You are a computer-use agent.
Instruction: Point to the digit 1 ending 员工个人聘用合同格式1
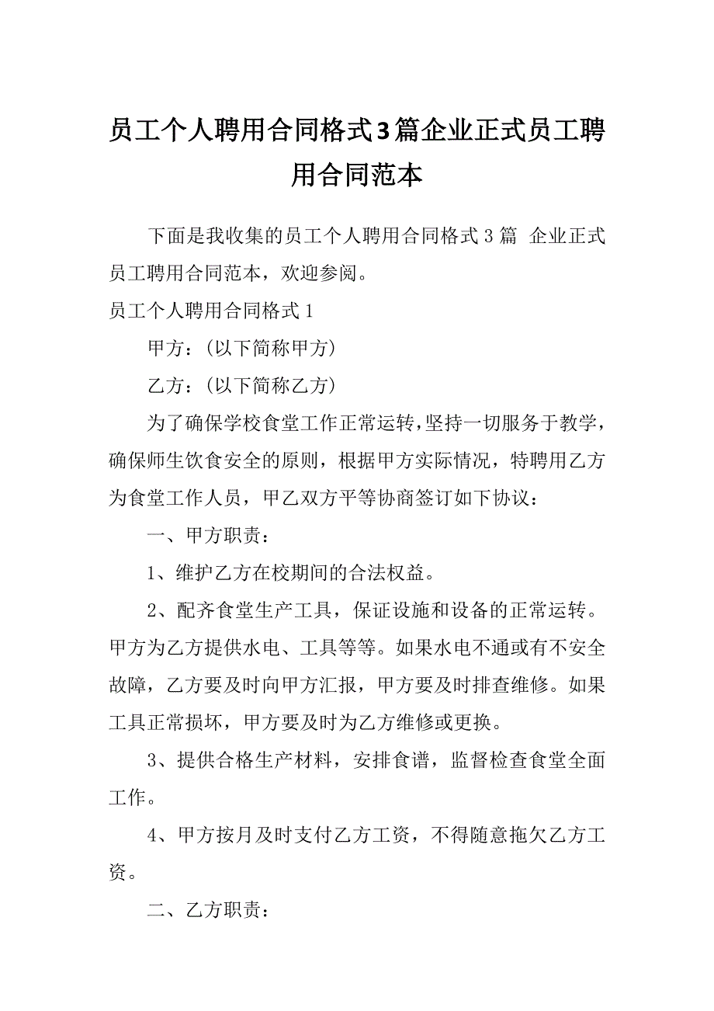[x=310, y=311]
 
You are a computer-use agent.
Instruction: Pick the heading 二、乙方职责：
[x=210, y=910]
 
